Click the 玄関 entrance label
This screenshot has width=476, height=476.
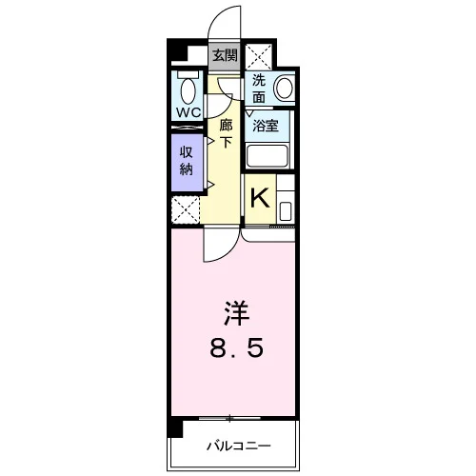225,56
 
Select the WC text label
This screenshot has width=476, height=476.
188,112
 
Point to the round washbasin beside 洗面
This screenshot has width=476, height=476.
284,88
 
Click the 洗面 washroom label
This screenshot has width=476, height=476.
259,89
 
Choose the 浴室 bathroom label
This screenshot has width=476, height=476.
266,126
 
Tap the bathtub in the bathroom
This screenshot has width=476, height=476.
268,155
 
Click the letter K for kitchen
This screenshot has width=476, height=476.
260,197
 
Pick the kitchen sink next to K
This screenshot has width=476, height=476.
286,211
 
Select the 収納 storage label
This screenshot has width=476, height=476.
187,161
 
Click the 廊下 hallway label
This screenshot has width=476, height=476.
226,133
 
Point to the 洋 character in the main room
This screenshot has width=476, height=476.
237,313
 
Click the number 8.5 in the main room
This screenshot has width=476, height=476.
237,347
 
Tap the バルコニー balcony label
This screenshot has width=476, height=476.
239,446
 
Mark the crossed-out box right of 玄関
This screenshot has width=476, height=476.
259,56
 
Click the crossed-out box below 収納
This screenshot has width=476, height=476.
186,209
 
